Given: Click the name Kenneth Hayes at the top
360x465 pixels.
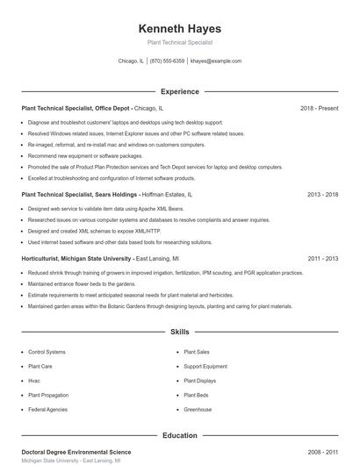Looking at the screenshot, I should pos(180,28).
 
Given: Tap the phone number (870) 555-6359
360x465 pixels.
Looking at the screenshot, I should pos(167,61).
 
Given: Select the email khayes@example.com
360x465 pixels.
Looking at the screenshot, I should pos(216,61).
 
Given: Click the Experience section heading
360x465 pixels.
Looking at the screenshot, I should pos(180,91).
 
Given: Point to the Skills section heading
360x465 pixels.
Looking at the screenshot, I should pos(180,333).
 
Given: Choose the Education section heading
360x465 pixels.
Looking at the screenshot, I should pos(180,435).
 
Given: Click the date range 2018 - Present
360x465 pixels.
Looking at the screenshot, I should pos(319,108).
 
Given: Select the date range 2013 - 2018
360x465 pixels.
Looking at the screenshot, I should pos(323,194).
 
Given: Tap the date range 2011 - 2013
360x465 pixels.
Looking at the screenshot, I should pos(323,259).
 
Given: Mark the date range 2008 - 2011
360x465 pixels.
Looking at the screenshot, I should pos(323,451).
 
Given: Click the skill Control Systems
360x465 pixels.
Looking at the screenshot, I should pos(47,351).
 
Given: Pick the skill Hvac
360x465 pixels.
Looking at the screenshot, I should pos(34,381).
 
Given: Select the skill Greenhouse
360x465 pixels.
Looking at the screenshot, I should pos(198,410).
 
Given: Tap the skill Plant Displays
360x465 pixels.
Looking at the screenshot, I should pos(200,381).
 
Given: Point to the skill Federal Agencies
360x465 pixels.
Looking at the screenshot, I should pos(47,410).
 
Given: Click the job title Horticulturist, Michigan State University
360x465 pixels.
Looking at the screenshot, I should pos(77,259).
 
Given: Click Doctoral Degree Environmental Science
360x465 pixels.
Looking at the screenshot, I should pos(77,451).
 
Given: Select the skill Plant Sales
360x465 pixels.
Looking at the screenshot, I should pos(197,351).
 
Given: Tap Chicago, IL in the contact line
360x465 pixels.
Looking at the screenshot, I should pos(130,61).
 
